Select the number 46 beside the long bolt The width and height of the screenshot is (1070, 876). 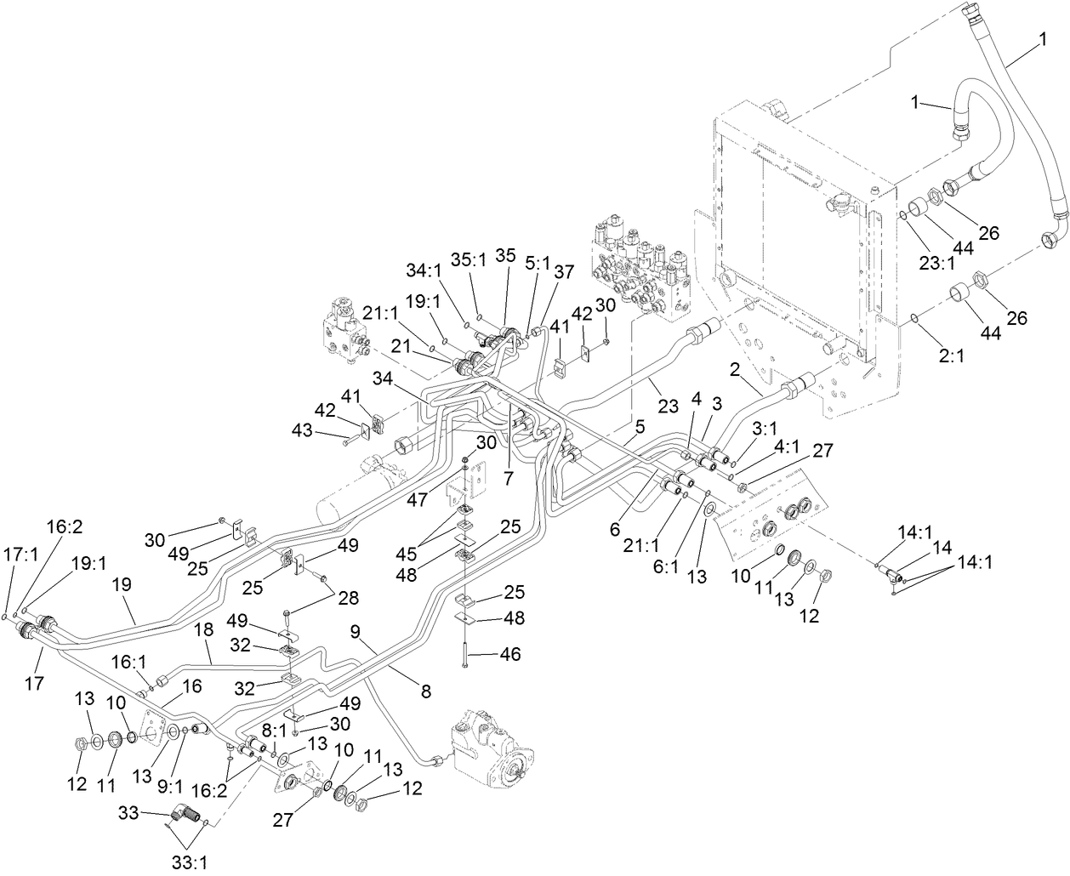pos(510,655)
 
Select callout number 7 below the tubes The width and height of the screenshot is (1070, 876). pos(508,478)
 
